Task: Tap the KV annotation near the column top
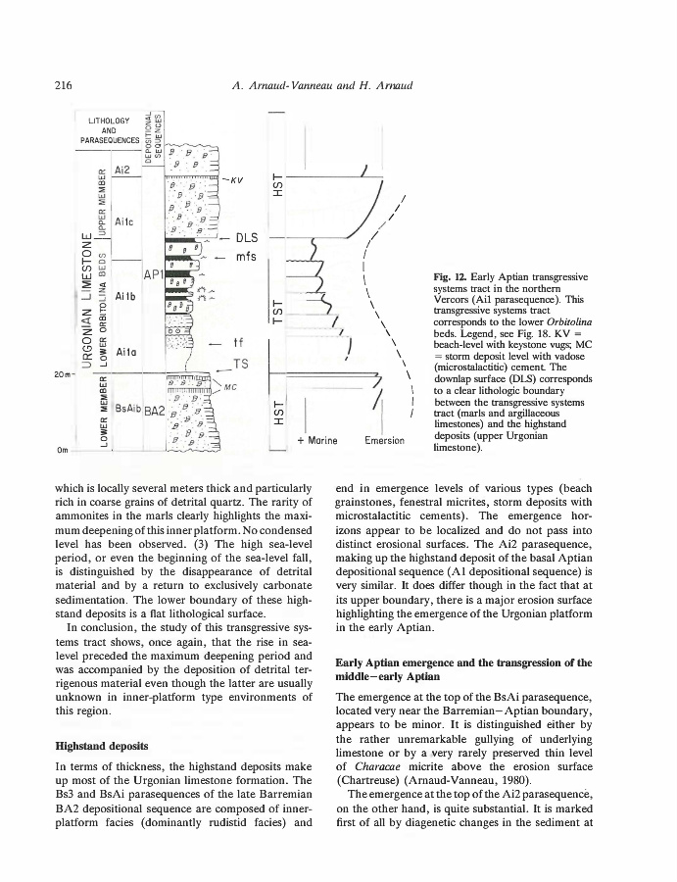point(237,180)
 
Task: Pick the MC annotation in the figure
point(232,388)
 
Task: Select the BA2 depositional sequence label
point(154,412)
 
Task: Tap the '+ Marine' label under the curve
point(315,440)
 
